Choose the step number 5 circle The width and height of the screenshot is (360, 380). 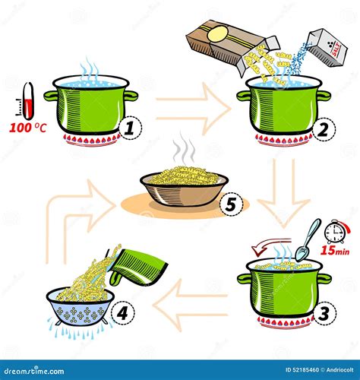232,204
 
